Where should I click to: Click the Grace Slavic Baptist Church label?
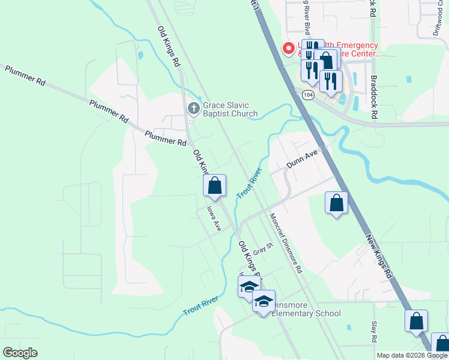(x=230, y=109)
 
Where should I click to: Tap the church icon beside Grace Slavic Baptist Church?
(x=193, y=109)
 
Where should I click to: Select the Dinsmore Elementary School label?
(x=306, y=313)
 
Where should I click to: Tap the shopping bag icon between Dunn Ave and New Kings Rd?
(x=337, y=203)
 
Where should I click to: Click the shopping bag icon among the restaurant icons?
(x=326, y=61)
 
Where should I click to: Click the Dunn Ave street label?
(x=301, y=158)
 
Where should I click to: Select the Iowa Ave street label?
(x=214, y=218)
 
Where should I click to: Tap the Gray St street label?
(x=262, y=249)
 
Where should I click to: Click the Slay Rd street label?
(x=374, y=332)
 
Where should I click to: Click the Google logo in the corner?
(x=20, y=353)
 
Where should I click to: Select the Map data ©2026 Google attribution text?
(x=412, y=355)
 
